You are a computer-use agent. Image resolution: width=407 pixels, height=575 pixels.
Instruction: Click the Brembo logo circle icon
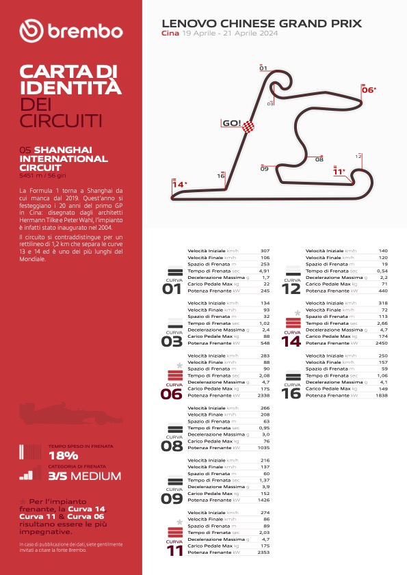pos(31,31)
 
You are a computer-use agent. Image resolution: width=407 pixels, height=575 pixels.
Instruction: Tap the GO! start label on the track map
pos(231,124)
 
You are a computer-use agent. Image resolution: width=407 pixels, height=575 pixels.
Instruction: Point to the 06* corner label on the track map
pos(369,90)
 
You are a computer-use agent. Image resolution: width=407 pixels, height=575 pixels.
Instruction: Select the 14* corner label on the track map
pos(179,184)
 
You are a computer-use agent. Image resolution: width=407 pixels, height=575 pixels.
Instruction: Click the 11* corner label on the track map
pos(339,172)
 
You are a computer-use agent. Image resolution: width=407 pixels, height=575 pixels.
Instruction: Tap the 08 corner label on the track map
pos(319,160)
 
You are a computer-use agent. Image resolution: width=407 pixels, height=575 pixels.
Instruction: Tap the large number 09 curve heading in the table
pos(172,499)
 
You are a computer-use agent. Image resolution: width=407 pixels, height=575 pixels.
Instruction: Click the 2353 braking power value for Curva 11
pos(263,552)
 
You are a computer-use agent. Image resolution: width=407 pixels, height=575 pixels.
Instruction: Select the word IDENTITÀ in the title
pos(70,88)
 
